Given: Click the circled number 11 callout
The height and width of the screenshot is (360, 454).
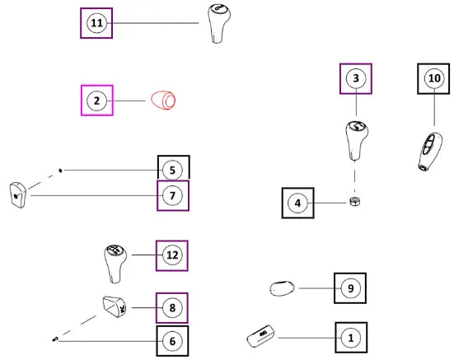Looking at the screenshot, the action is [x=96, y=23].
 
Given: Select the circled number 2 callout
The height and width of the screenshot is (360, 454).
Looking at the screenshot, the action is [x=96, y=101].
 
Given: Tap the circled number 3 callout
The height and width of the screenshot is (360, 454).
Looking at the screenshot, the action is [x=356, y=78].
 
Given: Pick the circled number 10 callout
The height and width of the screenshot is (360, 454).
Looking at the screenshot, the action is [x=434, y=78].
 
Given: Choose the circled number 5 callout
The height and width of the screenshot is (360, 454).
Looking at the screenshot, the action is [x=172, y=171].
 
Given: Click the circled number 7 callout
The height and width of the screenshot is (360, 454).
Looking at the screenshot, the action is [x=172, y=195].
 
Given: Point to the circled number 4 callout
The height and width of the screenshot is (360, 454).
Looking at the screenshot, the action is [x=297, y=203].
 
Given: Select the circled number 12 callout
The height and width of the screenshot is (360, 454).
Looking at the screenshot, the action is [x=172, y=255].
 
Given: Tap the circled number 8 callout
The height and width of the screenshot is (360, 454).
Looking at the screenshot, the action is [x=172, y=307].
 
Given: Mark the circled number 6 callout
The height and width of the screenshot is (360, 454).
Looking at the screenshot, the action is [x=172, y=341].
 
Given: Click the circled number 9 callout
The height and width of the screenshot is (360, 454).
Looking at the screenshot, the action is [x=351, y=288].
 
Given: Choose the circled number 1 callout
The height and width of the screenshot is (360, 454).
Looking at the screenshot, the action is [x=351, y=338].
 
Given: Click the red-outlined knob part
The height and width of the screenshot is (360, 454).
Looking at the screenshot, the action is [x=163, y=101].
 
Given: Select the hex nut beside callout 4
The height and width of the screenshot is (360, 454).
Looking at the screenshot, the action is [x=354, y=201].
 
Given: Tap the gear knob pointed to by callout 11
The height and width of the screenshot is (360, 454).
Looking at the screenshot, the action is [x=219, y=24].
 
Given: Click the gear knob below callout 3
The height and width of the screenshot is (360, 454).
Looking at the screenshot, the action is [x=357, y=141].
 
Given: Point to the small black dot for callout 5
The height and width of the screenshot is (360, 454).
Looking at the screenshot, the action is [x=60, y=171].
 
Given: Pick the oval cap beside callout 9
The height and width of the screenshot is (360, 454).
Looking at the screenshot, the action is [x=282, y=288].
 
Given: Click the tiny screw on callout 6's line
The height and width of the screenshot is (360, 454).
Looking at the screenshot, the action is [x=55, y=339].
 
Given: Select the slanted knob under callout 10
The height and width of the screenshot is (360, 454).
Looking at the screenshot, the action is [x=430, y=152].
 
